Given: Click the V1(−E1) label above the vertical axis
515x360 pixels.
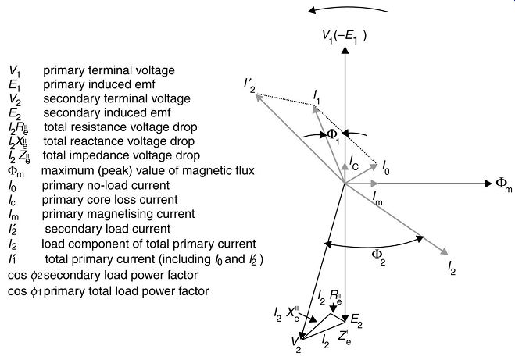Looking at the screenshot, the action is [x=344, y=36].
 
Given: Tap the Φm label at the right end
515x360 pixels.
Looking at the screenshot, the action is [x=504, y=185].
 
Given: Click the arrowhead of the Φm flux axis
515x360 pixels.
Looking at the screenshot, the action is [x=488, y=184].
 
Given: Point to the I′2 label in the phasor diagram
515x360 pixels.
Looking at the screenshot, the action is [x=249, y=85].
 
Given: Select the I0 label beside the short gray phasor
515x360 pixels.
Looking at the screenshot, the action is [x=386, y=167].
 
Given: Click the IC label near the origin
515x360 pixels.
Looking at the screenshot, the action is [x=354, y=162].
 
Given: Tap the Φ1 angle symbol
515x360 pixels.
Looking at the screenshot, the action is [x=333, y=137].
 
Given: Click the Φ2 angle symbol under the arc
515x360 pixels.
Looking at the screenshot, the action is [x=378, y=256].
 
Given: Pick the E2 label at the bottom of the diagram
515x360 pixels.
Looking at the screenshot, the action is [x=356, y=320].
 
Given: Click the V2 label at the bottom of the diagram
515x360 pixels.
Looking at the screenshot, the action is [x=295, y=344].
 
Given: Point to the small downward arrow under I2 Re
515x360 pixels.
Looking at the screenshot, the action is [x=334, y=308].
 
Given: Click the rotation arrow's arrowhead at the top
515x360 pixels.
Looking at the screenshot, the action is [x=311, y=10].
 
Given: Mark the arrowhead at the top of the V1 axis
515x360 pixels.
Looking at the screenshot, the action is [x=345, y=50].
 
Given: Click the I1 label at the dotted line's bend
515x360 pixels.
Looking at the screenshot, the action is [x=317, y=97].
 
